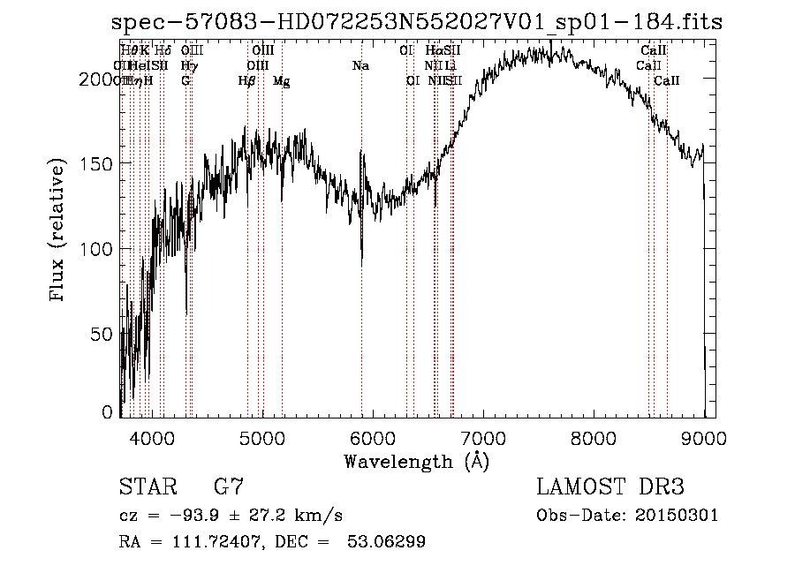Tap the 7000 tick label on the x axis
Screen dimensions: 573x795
tap(482, 438)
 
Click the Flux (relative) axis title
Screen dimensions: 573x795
tap(58, 231)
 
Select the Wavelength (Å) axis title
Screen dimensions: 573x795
tap(416, 461)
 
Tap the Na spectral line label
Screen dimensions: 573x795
tap(360, 66)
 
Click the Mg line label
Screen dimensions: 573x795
tap(282, 81)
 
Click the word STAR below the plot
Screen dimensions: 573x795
tap(147, 487)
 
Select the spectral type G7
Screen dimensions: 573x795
tap(228, 487)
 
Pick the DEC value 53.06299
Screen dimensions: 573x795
tap(390, 542)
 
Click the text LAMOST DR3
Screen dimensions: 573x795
tap(610, 487)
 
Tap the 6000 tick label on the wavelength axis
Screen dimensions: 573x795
tap(372, 438)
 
